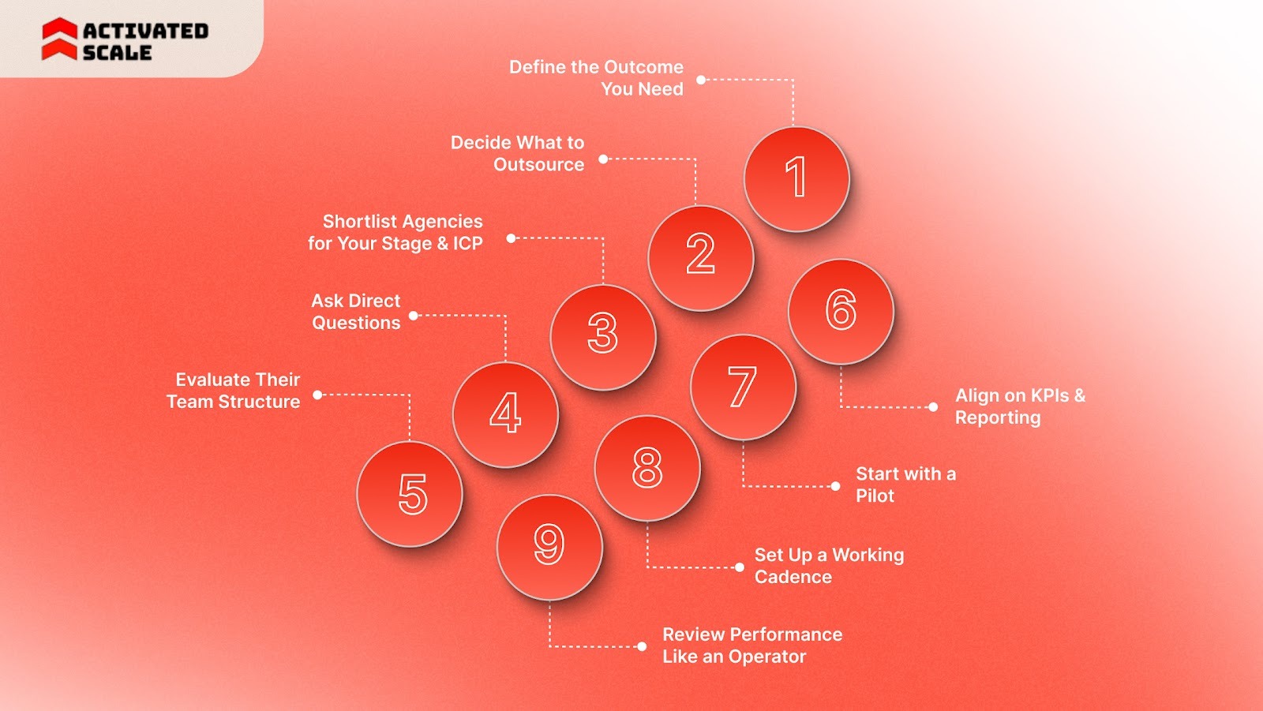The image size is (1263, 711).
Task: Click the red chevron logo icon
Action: (59, 39)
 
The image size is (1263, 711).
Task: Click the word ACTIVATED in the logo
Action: (146, 31)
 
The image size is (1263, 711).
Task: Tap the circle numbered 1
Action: (796, 179)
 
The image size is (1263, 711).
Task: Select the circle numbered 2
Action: (700, 257)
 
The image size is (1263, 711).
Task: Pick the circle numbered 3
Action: (603, 337)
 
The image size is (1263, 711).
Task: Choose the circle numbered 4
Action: (505, 414)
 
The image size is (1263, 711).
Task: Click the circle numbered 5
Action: (410, 494)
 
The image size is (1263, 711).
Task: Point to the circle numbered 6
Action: (841, 311)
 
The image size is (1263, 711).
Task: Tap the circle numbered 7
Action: (743, 387)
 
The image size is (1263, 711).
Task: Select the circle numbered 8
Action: (647, 467)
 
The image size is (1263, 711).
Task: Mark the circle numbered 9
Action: (549, 546)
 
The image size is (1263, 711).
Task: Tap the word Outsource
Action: (539, 165)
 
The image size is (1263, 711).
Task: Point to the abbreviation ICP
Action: (467, 244)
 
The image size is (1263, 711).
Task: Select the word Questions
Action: (356, 323)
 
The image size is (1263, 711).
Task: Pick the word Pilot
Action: (875, 496)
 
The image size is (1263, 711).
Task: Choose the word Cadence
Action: (793, 577)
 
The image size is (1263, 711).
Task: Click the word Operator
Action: (767, 657)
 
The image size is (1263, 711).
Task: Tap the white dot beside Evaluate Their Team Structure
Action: (317, 395)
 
